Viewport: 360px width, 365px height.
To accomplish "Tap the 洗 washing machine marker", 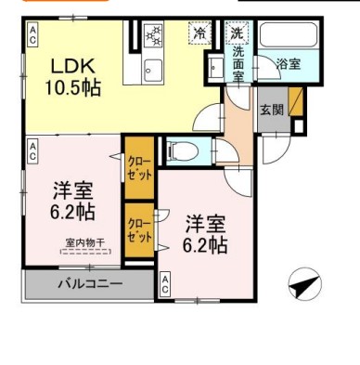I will (238, 33).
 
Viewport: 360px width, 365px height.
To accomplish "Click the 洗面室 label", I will (238, 62).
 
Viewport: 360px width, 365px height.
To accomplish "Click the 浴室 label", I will (289, 64).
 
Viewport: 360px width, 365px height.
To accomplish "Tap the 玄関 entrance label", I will (272, 108).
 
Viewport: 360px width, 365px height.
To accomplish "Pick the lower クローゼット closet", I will (139, 229).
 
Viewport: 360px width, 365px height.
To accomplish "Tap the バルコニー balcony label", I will (89, 284).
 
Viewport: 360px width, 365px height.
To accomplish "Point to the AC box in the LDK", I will (32, 35).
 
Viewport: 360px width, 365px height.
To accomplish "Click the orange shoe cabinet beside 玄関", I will (296, 100).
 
